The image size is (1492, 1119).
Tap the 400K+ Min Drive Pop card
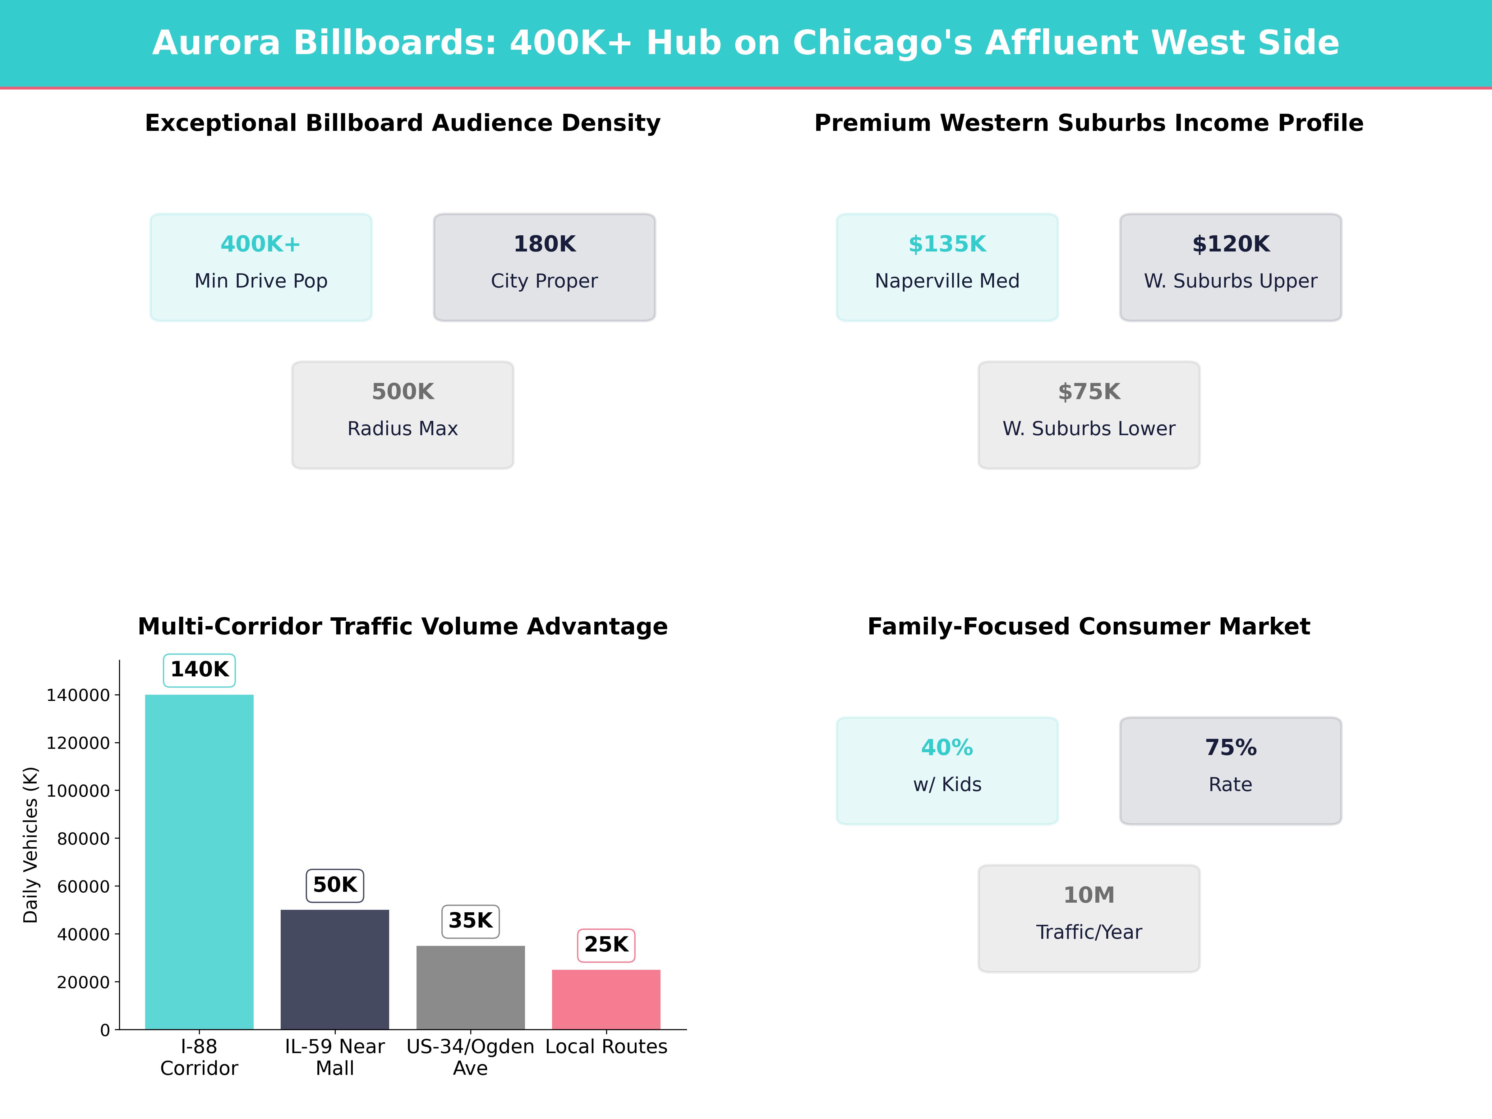pos(261,267)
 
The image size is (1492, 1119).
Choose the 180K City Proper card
pos(544,267)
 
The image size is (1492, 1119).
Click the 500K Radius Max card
pos(403,415)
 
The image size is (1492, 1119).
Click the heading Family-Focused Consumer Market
pos(1089,627)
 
